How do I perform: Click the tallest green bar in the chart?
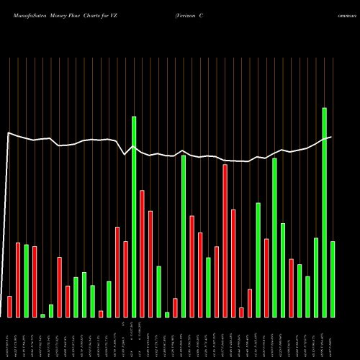[x=325, y=212]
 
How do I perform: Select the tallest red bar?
[x=225, y=240]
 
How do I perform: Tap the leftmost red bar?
[x=9, y=306]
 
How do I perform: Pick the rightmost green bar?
[x=333, y=279]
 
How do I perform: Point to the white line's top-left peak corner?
[x=8, y=132]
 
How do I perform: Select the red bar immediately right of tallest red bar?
[x=233, y=263]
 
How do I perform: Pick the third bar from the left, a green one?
[x=26, y=281]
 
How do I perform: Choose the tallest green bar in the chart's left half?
[x=134, y=216]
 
